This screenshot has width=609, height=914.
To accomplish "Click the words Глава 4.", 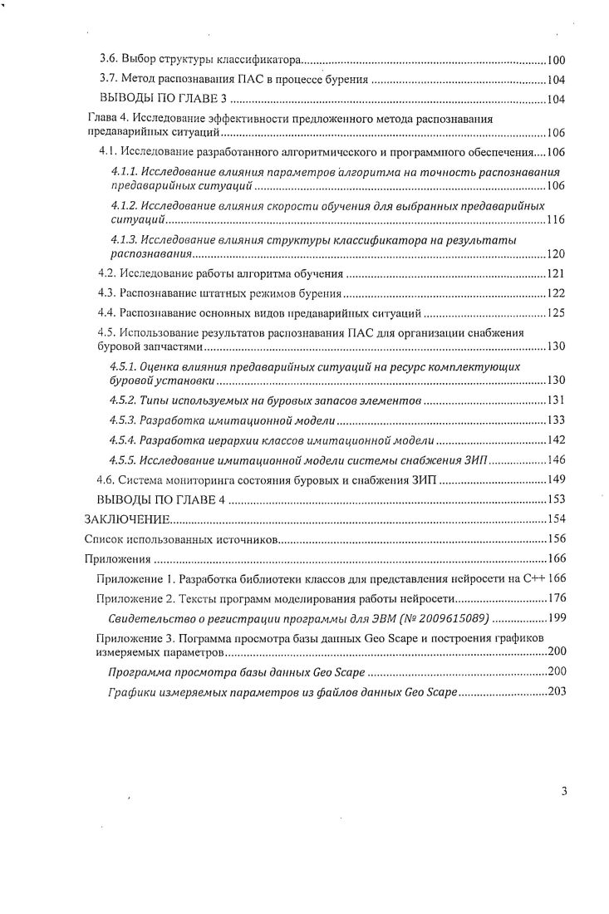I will [108, 119].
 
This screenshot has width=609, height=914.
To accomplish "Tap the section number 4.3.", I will [107, 293].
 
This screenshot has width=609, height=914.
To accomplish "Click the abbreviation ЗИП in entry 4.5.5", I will [477, 459].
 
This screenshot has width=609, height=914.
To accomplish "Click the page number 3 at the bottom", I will [564, 790].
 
